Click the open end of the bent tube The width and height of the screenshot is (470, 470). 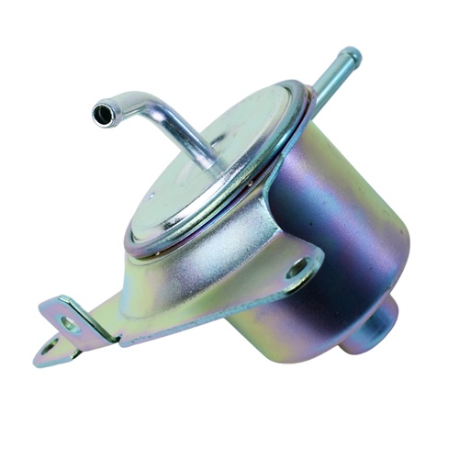[101, 114]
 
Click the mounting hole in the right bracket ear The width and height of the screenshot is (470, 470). [297, 270]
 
